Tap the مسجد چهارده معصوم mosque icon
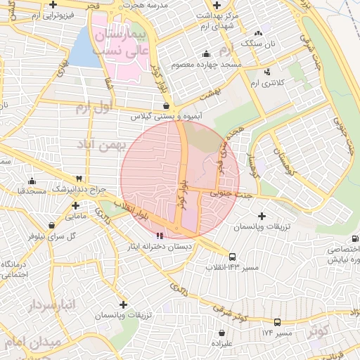click(205, 54)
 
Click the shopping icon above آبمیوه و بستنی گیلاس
click(165, 105)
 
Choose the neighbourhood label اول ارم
click(94, 108)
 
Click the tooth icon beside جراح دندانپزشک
click(79, 179)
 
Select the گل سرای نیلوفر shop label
click(52, 236)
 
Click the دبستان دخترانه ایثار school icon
click(160, 235)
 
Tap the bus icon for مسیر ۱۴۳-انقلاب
click(233, 257)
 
